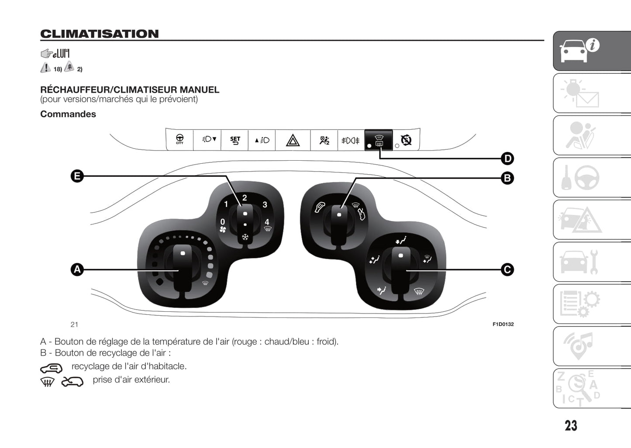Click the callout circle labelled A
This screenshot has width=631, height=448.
tap(77, 269)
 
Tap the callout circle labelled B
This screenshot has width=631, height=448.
tap(507, 178)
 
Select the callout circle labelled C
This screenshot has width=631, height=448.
tap(507, 269)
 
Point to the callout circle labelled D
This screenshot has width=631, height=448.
tap(507, 159)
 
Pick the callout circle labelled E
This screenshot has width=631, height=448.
tap(77, 176)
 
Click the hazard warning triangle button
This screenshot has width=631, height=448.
tap(293, 141)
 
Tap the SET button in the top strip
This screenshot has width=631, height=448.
tap(235, 140)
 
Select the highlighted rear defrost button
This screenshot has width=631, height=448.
tap(379, 140)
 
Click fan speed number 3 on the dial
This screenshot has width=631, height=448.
tap(265, 204)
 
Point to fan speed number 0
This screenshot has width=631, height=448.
tap(223, 222)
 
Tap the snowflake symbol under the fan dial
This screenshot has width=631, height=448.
tap(245, 237)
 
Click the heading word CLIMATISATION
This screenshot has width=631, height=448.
tap(100, 34)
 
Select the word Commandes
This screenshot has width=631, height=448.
tap(68, 114)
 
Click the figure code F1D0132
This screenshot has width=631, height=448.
tap(503, 324)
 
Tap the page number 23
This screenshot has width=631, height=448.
tap(571, 426)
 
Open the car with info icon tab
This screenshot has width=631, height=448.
tap(592, 51)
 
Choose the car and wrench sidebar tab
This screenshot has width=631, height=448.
tap(592, 262)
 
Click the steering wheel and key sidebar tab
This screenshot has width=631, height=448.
tap(592, 178)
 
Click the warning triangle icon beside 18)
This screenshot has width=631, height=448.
tap(45, 68)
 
